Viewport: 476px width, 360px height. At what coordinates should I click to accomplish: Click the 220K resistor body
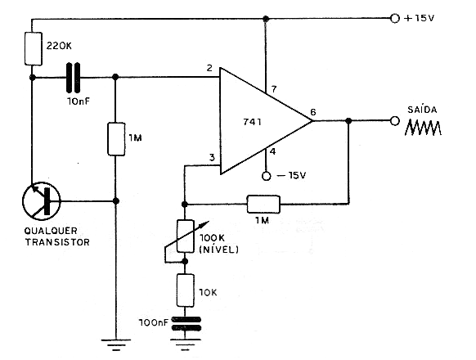click(34, 48)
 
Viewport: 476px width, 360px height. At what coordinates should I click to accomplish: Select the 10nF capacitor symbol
click(74, 78)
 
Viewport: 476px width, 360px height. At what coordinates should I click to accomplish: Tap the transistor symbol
click(42, 200)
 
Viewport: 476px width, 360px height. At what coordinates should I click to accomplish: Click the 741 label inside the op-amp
click(252, 122)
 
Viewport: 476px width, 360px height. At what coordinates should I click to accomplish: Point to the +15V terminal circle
click(395, 19)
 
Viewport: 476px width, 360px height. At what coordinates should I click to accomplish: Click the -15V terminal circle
click(267, 176)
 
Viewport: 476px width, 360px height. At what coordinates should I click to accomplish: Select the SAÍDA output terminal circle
click(395, 121)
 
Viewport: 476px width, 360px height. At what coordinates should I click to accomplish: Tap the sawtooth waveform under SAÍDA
click(423, 128)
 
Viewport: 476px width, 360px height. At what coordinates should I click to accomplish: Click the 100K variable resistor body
click(185, 236)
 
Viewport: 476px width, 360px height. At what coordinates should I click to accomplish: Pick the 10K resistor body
click(185, 290)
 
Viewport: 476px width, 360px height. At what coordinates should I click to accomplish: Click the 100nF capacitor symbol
click(186, 323)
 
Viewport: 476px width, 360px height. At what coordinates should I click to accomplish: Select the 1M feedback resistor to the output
click(263, 204)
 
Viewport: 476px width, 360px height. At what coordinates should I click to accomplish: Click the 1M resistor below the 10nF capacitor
click(116, 139)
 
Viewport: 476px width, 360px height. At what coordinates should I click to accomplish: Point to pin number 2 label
click(209, 68)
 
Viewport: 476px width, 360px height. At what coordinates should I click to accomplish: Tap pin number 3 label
click(212, 157)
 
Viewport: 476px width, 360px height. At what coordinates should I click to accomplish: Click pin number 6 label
click(313, 112)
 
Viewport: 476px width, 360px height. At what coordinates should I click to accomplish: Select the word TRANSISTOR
click(57, 242)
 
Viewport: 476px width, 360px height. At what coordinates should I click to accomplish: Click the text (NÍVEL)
click(219, 250)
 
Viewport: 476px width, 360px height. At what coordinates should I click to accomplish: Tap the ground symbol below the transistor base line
click(116, 344)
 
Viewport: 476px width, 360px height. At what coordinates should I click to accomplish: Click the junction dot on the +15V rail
click(266, 19)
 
